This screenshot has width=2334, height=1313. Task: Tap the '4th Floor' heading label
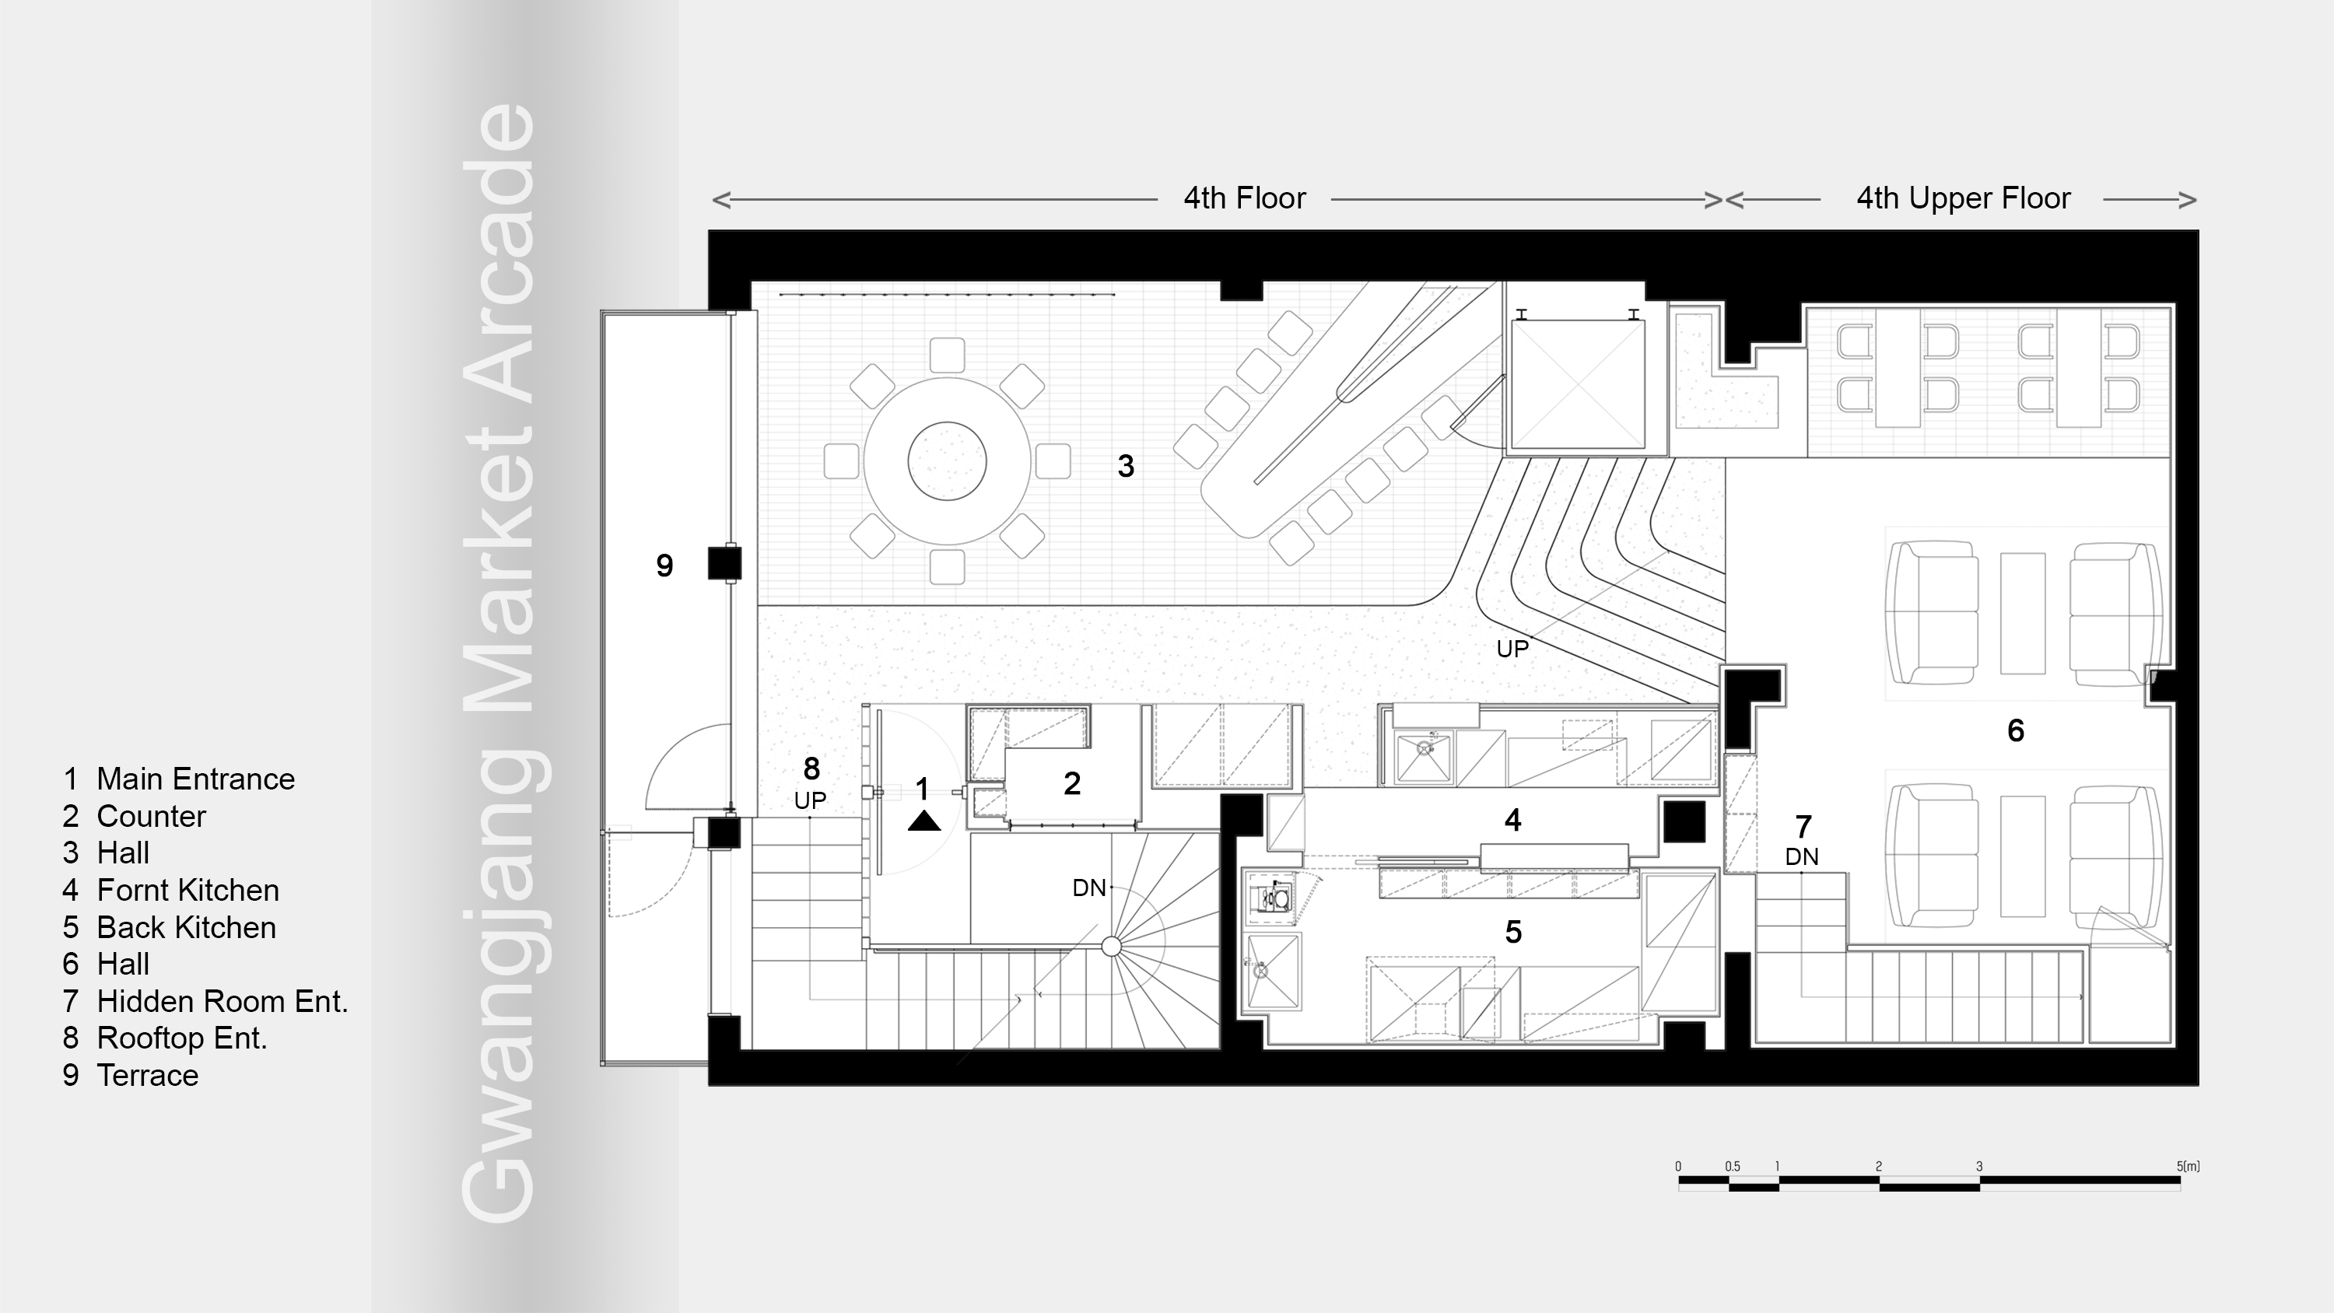point(1244,198)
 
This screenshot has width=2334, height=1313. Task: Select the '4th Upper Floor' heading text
point(1963,198)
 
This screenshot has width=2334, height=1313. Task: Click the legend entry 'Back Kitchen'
point(186,927)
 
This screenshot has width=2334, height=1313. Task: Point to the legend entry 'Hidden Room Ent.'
point(222,1001)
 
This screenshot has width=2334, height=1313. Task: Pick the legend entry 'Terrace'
point(147,1075)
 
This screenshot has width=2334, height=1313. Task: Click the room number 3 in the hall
point(1125,466)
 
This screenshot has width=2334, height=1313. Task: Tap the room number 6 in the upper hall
point(2015,730)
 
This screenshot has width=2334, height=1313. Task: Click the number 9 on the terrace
point(664,565)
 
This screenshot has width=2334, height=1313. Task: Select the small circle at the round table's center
point(947,460)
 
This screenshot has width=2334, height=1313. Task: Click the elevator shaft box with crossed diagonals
point(1578,384)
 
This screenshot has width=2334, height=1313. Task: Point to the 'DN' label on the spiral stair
point(1089,888)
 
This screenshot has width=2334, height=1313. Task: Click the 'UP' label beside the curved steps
point(1512,649)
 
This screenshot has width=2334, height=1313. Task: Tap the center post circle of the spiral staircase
point(1112,947)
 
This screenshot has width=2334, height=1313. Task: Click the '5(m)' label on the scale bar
point(2187,1166)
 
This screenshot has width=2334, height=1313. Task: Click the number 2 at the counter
point(1072,784)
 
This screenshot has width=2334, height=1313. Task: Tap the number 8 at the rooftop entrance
point(811,769)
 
